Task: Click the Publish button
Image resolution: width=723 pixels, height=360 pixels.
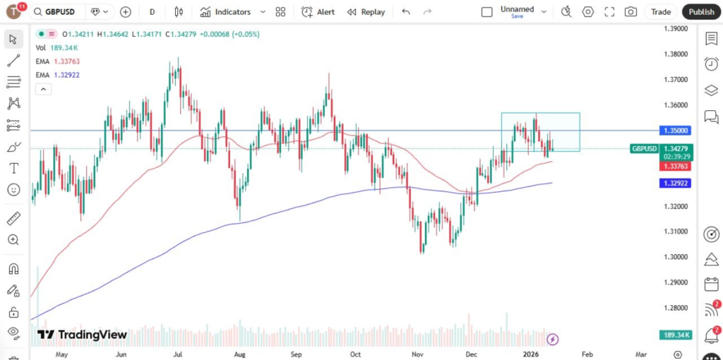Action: point(701,11)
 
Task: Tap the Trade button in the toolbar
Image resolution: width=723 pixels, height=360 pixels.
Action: point(661,11)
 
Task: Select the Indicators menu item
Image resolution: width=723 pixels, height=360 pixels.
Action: point(232,11)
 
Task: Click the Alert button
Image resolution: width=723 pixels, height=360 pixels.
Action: point(318,11)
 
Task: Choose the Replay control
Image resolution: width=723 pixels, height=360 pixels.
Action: point(366,11)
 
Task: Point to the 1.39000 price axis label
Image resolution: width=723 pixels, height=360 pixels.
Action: point(676,28)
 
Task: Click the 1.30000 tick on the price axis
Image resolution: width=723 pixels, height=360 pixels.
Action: point(676,257)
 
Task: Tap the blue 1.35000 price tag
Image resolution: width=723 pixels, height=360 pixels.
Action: point(676,131)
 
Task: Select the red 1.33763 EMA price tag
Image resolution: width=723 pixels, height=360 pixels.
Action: point(676,166)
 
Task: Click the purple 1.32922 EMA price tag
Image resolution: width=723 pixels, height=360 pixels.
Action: point(676,183)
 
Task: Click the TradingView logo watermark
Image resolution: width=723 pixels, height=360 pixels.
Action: point(82,335)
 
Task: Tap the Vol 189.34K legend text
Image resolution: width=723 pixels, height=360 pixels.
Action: point(56,47)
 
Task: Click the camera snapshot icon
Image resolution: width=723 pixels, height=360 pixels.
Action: point(631,11)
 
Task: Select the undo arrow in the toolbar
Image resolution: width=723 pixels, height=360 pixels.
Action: point(405,11)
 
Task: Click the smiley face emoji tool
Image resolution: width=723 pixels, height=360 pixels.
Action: point(13,189)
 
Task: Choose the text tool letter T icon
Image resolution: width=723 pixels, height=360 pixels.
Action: point(13,168)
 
